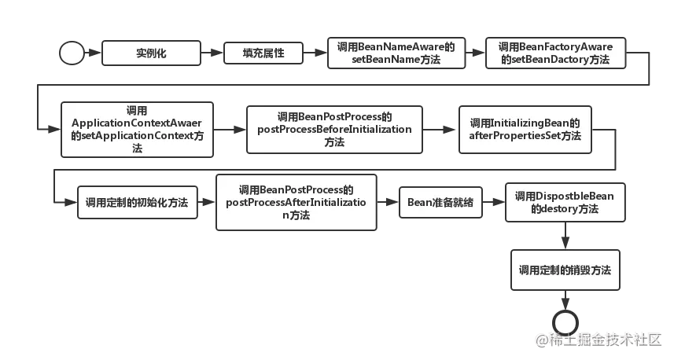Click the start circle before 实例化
coord(72,53)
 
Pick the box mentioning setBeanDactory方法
coord(555,53)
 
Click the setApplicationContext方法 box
coord(138,129)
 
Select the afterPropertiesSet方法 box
coord(525,129)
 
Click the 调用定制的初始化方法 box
coord(137,202)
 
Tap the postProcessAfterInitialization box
coord(296,203)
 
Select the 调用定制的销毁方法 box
coord(565,270)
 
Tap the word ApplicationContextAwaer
coord(138,123)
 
